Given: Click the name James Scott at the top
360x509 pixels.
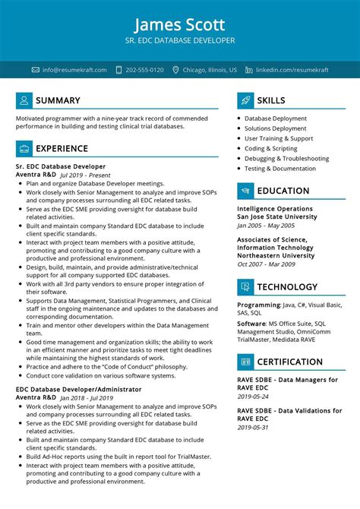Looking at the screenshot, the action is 180,21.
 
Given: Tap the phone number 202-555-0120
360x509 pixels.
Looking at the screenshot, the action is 144,70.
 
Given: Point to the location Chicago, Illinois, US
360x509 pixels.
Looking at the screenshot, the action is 210,70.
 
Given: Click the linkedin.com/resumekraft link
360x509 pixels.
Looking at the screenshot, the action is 292,70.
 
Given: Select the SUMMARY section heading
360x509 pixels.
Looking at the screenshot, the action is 58,100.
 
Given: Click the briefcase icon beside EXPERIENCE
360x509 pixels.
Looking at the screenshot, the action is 24,148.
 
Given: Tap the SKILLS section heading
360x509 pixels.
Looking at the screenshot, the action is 271,100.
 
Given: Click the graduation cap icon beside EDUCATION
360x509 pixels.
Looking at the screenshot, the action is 245,191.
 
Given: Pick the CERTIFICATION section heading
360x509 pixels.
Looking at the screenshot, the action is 289,362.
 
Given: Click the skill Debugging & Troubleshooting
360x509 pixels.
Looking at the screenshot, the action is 286,159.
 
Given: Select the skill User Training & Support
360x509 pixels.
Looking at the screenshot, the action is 279,139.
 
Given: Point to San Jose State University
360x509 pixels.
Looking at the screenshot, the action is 276,217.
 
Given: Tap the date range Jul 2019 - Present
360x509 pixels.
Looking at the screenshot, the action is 87,175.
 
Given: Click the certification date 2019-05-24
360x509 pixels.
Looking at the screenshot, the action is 253,395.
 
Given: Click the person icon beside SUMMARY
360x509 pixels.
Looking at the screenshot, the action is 24,100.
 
